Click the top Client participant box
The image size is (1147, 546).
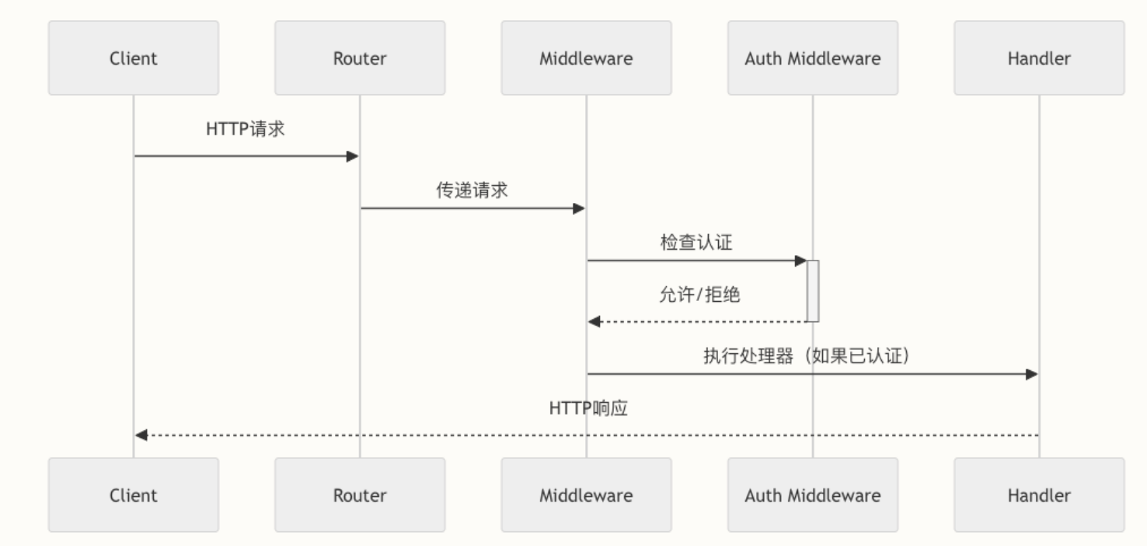[133, 58]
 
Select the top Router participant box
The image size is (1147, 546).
[360, 58]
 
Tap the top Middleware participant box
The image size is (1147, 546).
[586, 58]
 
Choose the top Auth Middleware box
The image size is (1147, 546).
[813, 58]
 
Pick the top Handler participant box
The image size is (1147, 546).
[1039, 58]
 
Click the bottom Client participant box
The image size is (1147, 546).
[133, 495]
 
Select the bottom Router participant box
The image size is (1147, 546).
[360, 495]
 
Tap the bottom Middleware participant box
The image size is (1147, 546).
[586, 495]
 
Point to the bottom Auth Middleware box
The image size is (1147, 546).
[813, 495]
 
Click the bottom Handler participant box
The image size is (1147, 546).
[1039, 495]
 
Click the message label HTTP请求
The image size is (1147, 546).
[246, 129]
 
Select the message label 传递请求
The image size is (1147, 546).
[472, 191]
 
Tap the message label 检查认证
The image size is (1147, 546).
[696, 243]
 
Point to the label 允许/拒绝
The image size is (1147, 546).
[699, 296]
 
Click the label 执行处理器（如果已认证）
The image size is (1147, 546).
[806, 356]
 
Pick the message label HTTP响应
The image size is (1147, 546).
[587, 408]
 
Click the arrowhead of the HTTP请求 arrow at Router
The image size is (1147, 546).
[352, 156]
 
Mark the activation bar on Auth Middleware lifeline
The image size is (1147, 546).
[813, 290]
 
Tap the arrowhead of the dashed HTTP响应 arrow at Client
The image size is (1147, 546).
[141, 434]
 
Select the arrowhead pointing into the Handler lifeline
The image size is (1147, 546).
[1031, 374]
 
